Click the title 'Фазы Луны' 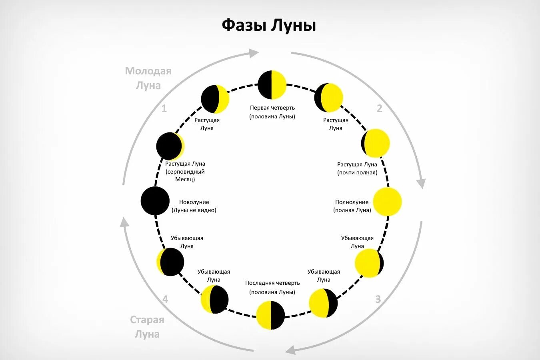tap(269, 25)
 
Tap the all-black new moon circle tap(155, 201)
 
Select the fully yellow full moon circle tap(387, 202)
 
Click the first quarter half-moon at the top tap(272, 85)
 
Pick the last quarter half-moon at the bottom tap(270, 315)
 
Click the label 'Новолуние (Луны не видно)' tap(194, 206)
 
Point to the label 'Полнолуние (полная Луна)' tap(352, 206)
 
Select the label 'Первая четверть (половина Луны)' tap(272, 112)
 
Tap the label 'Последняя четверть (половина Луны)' tap(272, 287)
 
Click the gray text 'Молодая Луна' tap(148, 78)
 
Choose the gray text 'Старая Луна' tap(147, 327)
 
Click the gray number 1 tap(164, 108)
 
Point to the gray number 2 tap(380, 108)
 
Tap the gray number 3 tap(378, 299)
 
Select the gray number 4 tap(165, 299)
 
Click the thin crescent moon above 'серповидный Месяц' tap(170, 146)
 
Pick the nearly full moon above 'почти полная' tap(376, 143)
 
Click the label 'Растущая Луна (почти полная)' tap(357, 168)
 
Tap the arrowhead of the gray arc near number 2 tap(421, 183)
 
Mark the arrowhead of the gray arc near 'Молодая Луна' tap(254, 53)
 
